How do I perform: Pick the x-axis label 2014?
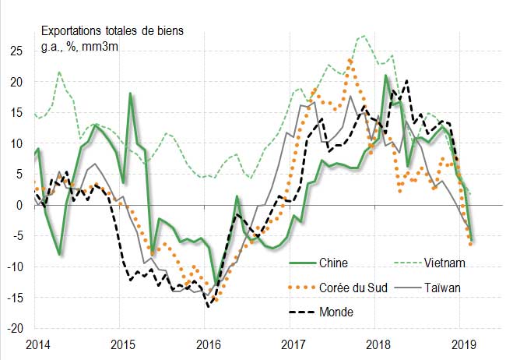(x=34, y=344)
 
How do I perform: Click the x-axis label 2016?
(x=208, y=344)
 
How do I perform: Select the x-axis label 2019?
(x=464, y=344)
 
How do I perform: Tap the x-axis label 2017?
(x=293, y=344)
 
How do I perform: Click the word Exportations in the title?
(x=73, y=32)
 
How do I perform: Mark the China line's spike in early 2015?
(x=130, y=94)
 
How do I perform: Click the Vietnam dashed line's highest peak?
(x=363, y=35)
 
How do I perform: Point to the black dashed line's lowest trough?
(x=209, y=307)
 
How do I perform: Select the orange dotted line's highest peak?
(x=350, y=59)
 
